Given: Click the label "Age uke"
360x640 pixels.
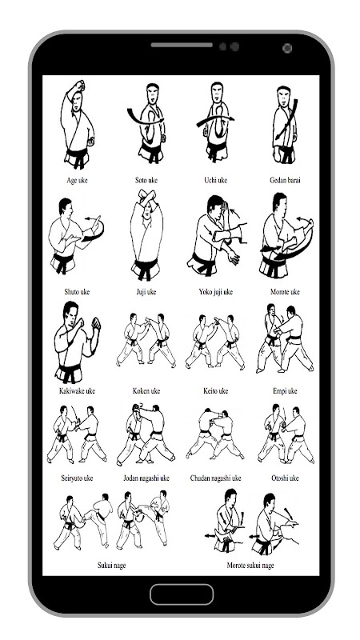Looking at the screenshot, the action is [77, 181].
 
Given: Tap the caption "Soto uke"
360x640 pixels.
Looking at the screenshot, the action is [146, 181].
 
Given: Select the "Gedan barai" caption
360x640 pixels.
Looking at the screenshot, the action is [285, 181].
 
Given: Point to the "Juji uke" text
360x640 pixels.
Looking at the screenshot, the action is [146, 292].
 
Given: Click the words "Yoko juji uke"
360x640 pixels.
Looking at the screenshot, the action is [215, 292].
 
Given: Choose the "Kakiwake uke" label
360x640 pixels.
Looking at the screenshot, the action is [77, 391].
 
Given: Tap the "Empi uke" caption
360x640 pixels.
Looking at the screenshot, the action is [285, 391].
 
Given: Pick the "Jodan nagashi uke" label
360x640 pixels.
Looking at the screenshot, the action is [146, 478].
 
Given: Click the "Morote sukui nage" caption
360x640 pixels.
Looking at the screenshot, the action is [250, 566].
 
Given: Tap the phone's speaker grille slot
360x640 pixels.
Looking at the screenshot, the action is [182, 45].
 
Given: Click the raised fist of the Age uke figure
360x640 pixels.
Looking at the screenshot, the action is [79, 86].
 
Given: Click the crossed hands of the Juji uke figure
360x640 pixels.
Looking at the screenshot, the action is [146, 197].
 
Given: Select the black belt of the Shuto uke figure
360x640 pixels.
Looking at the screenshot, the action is [63, 262].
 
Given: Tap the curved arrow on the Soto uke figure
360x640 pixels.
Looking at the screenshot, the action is [144, 118].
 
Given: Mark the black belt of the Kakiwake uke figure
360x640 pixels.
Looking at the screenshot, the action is [70, 370].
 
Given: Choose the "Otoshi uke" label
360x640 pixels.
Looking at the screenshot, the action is [285, 478].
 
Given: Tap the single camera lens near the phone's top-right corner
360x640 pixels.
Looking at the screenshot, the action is [287, 48].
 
